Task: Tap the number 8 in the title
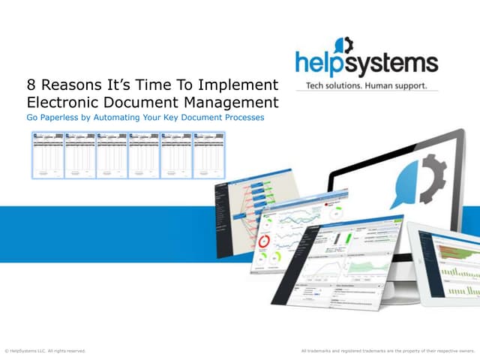tap(31, 84)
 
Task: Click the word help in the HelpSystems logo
tap(322, 61)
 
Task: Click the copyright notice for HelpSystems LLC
tap(45, 350)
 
